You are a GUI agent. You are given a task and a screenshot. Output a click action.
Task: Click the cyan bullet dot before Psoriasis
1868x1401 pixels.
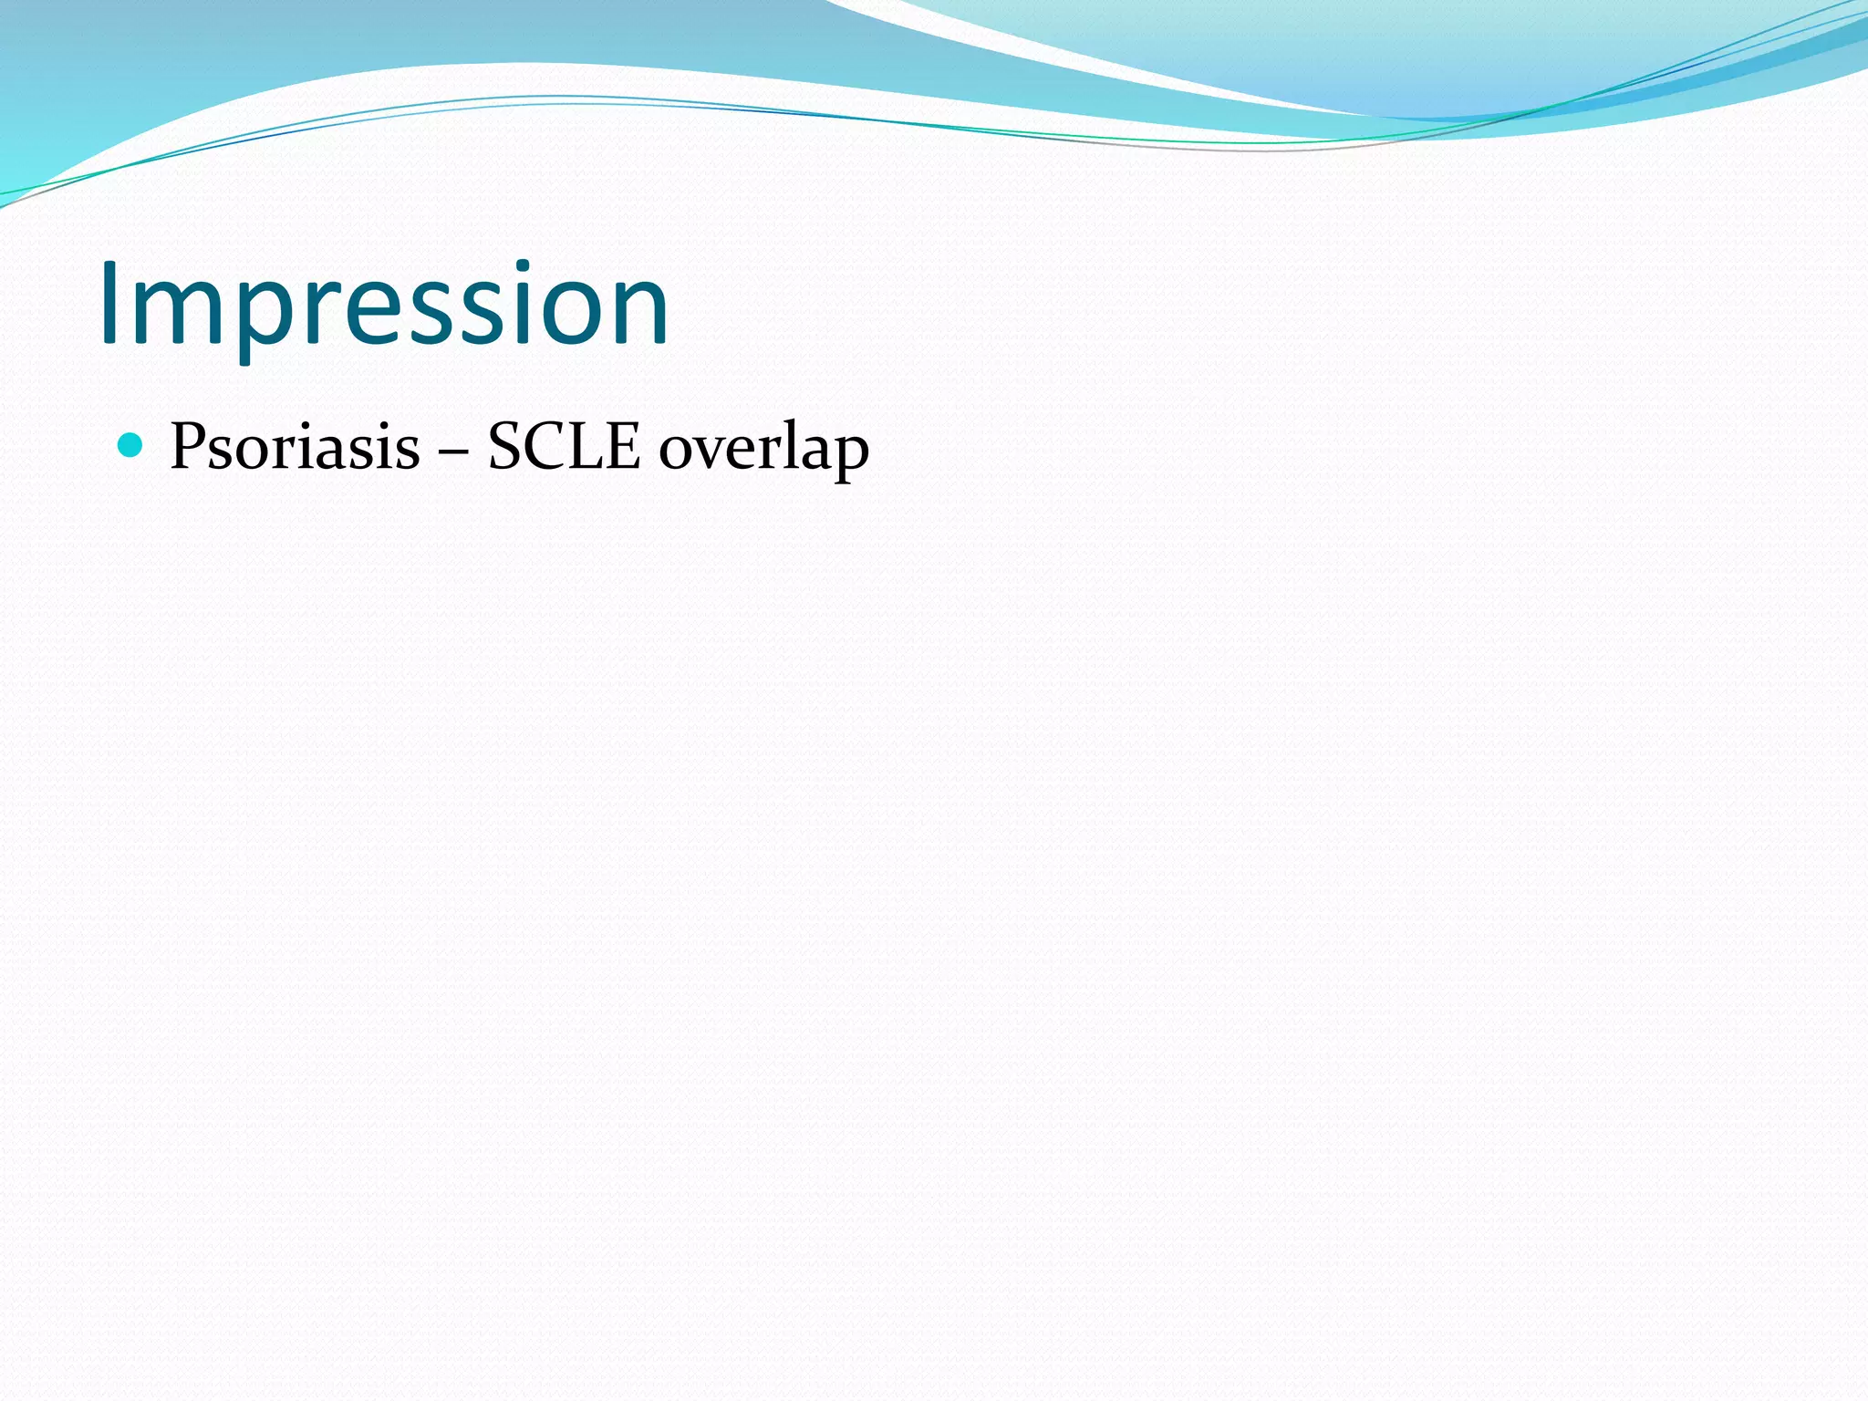pyautogui.click(x=131, y=445)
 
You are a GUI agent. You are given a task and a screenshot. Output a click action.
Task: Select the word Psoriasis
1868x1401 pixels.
pyautogui.click(x=295, y=447)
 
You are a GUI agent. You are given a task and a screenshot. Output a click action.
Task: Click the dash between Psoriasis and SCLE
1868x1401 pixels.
pyautogui.click(x=452, y=451)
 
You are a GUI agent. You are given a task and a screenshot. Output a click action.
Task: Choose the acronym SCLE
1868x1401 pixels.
pyautogui.click(x=564, y=447)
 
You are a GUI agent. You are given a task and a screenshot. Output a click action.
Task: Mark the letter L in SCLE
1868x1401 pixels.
pyautogui.click(x=586, y=447)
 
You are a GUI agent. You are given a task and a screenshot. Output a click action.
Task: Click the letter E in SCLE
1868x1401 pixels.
pyautogui.click(x=622, y=447)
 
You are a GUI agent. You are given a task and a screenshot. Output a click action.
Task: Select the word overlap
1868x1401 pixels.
pyautogui.click(x=763, y=449)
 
